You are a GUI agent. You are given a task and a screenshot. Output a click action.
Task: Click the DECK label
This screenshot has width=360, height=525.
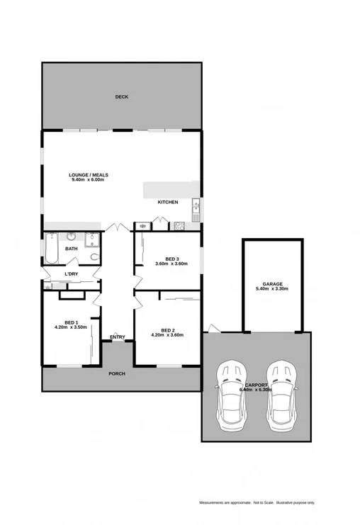[x=122, y=97]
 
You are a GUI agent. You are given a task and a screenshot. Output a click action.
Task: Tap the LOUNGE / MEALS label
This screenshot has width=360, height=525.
[x=89, y=174]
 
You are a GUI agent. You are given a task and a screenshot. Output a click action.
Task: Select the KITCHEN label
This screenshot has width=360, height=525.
[x=168, y=203]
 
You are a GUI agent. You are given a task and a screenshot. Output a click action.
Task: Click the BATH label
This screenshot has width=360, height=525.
[x=72, y=249]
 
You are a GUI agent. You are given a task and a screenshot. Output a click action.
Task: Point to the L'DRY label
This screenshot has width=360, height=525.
[x=71, y=274]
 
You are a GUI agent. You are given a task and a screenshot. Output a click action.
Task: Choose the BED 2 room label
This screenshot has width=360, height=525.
[x=168, y=330]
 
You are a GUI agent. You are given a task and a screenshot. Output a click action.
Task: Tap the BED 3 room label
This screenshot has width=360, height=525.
[x=172, y=259]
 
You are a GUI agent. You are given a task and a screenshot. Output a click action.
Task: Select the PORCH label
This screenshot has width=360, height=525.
[x=117, y=373]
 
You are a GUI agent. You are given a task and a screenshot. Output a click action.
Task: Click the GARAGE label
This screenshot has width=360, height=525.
[x=272, y=283]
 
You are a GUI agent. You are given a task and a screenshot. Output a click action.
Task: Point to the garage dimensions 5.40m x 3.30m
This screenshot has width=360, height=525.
[x=272, y=289]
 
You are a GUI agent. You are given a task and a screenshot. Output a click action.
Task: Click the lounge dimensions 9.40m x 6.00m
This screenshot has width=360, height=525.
[x=89, y=180]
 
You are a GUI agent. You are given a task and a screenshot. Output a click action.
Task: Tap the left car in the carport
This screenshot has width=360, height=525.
[x=232, y=397]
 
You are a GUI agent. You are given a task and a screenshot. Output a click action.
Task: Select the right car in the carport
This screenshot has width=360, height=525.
[x=281, y=397]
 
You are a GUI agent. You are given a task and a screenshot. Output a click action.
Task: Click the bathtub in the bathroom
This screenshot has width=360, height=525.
[x=53, y=249]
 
